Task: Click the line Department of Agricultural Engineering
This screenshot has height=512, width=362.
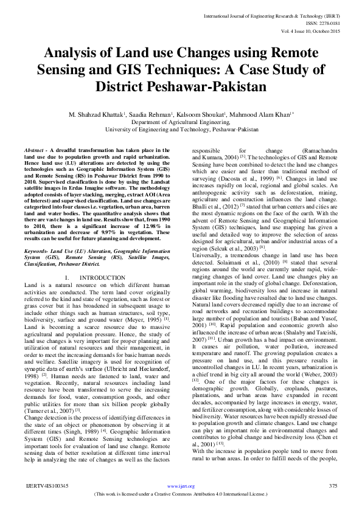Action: (x=181, y=122)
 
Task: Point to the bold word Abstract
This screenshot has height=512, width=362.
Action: (x=35, y=149)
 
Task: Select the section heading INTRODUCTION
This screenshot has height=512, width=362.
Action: (x=102, y=277)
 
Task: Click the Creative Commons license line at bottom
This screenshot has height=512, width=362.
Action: (x=181, y=494)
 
